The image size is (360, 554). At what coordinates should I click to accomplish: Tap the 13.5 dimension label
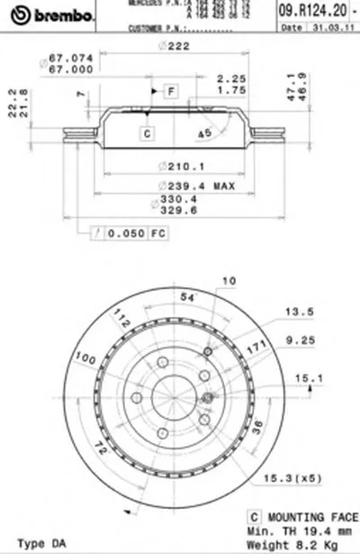point(295,315)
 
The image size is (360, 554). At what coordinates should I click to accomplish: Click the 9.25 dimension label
point(295,340)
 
